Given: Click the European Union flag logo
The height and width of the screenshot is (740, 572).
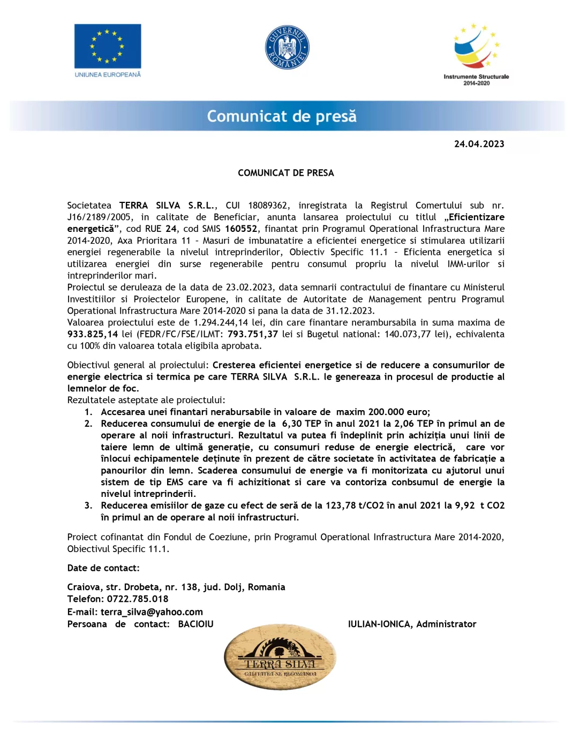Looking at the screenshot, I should (x=108, y=47).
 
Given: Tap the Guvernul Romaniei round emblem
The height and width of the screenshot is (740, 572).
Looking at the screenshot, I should (x=287, y=47).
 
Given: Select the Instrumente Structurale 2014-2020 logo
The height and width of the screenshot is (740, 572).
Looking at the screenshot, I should (x=476, y=54).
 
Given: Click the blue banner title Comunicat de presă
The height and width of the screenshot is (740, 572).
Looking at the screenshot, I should (x=282, y=116).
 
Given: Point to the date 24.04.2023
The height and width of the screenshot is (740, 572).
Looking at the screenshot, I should (x=479, y=144).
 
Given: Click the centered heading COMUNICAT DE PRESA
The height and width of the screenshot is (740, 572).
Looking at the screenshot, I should (x=286, y=173).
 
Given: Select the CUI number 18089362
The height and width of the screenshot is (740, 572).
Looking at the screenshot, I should (x=268, y=206).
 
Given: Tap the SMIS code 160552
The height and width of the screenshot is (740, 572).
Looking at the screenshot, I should (x=241, y=229).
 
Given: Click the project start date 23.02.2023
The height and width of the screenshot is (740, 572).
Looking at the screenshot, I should (x=249, y=288).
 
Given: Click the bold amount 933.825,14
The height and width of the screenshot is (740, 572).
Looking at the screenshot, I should (x=93, y=334).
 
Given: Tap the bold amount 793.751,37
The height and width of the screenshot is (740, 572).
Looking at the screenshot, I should (x=253, y=334).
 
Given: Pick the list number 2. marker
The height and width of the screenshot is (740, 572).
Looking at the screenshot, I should (x=88, y=424).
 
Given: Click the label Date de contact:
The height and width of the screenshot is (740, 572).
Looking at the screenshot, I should (x=103, y=568).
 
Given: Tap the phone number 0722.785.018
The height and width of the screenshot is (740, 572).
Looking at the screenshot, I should (x=138, y=599).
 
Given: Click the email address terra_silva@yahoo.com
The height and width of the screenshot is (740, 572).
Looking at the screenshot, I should (x=152, y=612).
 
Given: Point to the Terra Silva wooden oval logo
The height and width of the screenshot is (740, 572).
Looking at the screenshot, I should (x=280, y=657).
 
